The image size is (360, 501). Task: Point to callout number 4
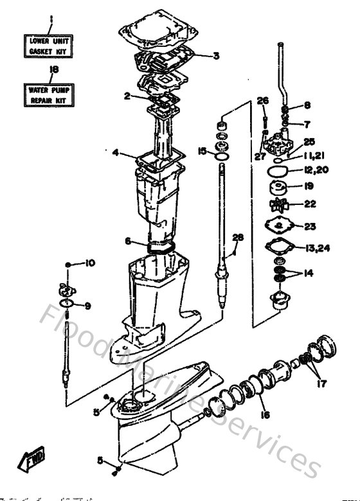coord(115,152)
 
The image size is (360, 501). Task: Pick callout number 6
coord(128,242)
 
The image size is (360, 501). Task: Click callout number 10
coord(90,263)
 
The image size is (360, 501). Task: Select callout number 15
coord(202,151)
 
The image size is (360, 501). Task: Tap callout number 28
coord(238,238)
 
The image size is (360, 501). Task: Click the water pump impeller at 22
coord(280,206)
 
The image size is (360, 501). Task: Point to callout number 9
coord(87,306)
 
